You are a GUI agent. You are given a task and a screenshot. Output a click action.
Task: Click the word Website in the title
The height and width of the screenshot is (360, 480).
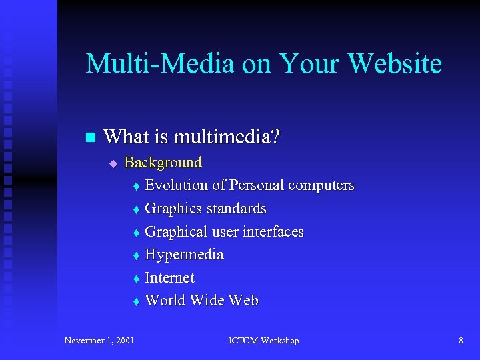(395, 64)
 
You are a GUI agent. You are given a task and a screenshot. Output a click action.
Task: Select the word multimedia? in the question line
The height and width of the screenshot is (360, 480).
(227, 137)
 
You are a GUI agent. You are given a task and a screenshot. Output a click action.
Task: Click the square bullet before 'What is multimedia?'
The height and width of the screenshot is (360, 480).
(91, 138)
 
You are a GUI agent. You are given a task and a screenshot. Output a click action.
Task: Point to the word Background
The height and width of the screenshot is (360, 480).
(163, 162)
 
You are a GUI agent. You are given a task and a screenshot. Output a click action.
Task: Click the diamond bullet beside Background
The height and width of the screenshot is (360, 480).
(113, 163)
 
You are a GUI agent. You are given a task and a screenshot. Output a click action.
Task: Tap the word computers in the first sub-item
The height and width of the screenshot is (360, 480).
(321, 185)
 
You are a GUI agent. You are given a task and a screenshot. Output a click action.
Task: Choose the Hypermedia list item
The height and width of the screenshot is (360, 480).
(184, 255)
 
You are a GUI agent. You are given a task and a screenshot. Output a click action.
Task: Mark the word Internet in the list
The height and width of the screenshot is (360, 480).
(169, 277)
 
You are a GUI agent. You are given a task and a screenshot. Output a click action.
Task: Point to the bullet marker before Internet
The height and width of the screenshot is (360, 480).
(135, 279)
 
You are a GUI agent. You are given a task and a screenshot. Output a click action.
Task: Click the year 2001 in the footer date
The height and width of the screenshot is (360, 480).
(124, 341)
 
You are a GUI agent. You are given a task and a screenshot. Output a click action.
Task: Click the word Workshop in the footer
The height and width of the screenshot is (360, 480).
(280, 341)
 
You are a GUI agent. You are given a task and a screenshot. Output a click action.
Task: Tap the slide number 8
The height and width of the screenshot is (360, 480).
(461, 341)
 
